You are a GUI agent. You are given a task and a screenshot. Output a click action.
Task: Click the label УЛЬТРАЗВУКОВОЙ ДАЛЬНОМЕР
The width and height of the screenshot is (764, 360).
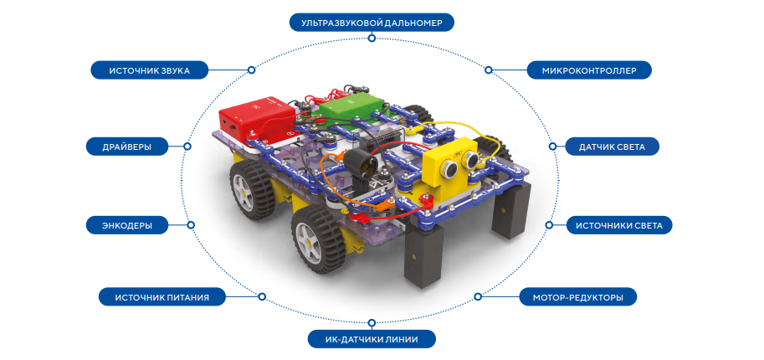372,23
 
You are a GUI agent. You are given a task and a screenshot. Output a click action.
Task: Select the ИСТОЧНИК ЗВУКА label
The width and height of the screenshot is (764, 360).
150,70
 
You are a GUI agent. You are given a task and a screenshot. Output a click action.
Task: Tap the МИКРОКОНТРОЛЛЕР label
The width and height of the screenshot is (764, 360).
589,70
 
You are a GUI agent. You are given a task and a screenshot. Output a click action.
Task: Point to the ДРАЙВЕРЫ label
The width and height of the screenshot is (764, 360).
126,147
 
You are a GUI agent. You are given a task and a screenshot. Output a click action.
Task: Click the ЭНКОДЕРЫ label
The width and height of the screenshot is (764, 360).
126,225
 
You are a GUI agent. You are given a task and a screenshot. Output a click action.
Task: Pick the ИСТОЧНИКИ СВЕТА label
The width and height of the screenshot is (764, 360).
618,225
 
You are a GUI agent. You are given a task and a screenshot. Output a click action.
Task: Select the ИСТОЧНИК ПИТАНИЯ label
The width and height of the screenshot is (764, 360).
162,296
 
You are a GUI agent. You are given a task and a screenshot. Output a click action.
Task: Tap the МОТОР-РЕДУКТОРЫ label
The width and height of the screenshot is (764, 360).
578,296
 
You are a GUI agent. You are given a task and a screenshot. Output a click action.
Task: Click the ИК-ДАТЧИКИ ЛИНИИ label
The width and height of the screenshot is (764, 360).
372,338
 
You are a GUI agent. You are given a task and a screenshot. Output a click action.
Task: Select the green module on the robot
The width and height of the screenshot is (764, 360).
350,107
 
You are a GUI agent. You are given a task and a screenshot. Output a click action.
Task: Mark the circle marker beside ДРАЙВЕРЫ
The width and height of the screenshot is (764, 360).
187,147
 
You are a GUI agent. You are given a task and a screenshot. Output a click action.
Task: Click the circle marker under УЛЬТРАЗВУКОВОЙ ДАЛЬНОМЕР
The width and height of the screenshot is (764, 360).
372,38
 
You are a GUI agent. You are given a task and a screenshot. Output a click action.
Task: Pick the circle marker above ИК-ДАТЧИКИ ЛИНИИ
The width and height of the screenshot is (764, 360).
372,322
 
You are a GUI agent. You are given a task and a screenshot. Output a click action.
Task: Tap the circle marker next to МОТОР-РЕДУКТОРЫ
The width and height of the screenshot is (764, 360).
478,296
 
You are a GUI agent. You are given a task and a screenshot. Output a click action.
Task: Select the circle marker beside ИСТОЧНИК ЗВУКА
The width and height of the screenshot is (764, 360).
251,70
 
